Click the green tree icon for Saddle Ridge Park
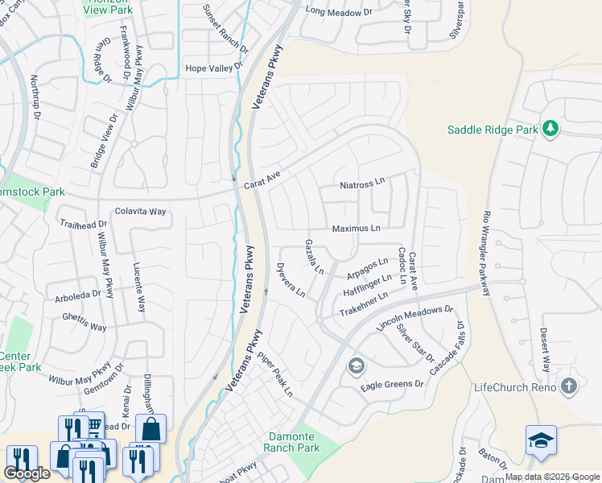click(x=550, y=129)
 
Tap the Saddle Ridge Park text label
click(x=493, y=130)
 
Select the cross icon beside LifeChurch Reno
click(x=570, y=387)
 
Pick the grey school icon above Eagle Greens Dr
click(x=355, y=367)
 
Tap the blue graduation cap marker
click(x=541, y=440)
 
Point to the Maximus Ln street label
click(x=356, y=229)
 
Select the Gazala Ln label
click(x=314, y=257)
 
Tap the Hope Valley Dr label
click(x=213, y=68)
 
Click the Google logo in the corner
click(x=27, y=473)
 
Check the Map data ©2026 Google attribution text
click(x=552, y=477)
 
